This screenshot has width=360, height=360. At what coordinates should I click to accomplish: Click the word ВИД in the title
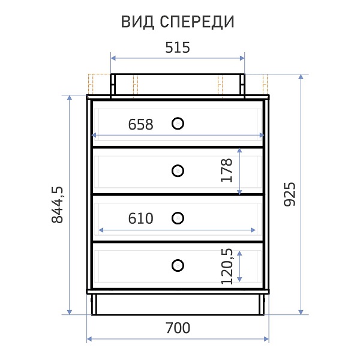[137, 22]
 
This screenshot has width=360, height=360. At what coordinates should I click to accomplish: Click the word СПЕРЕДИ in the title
[197, 22]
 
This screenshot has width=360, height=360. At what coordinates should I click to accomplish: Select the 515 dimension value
[178, 47]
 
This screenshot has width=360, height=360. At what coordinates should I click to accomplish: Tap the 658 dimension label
[140, 124]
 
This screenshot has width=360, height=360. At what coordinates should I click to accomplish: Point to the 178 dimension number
[226, 170]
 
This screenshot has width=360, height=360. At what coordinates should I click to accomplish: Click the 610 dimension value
[140, 218]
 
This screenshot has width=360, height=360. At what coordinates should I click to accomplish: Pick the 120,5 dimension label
[227, 266]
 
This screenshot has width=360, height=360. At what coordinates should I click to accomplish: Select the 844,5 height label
[57, 205]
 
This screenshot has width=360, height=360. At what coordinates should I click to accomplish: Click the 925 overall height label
[290, 194]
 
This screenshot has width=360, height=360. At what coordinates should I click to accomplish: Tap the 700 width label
[178, 328]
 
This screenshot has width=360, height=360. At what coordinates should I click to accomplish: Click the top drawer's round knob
[178, 124]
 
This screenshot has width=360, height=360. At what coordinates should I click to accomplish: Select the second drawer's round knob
[178, 171]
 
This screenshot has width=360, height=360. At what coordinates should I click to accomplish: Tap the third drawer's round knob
[178, 218]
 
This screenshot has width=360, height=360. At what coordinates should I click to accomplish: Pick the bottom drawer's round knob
[178, 265]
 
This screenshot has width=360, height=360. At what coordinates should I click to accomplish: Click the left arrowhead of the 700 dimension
[89, 339]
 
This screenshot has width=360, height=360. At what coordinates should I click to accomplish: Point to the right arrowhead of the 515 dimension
[242, 58]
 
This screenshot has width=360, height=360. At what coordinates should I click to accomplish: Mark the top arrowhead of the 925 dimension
[301, 77]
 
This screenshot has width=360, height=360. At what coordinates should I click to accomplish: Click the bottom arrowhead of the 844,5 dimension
[70, 312]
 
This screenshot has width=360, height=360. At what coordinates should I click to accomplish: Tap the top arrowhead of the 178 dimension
[239, 151]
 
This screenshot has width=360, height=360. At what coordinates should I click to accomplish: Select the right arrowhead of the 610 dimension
[253, 230]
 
